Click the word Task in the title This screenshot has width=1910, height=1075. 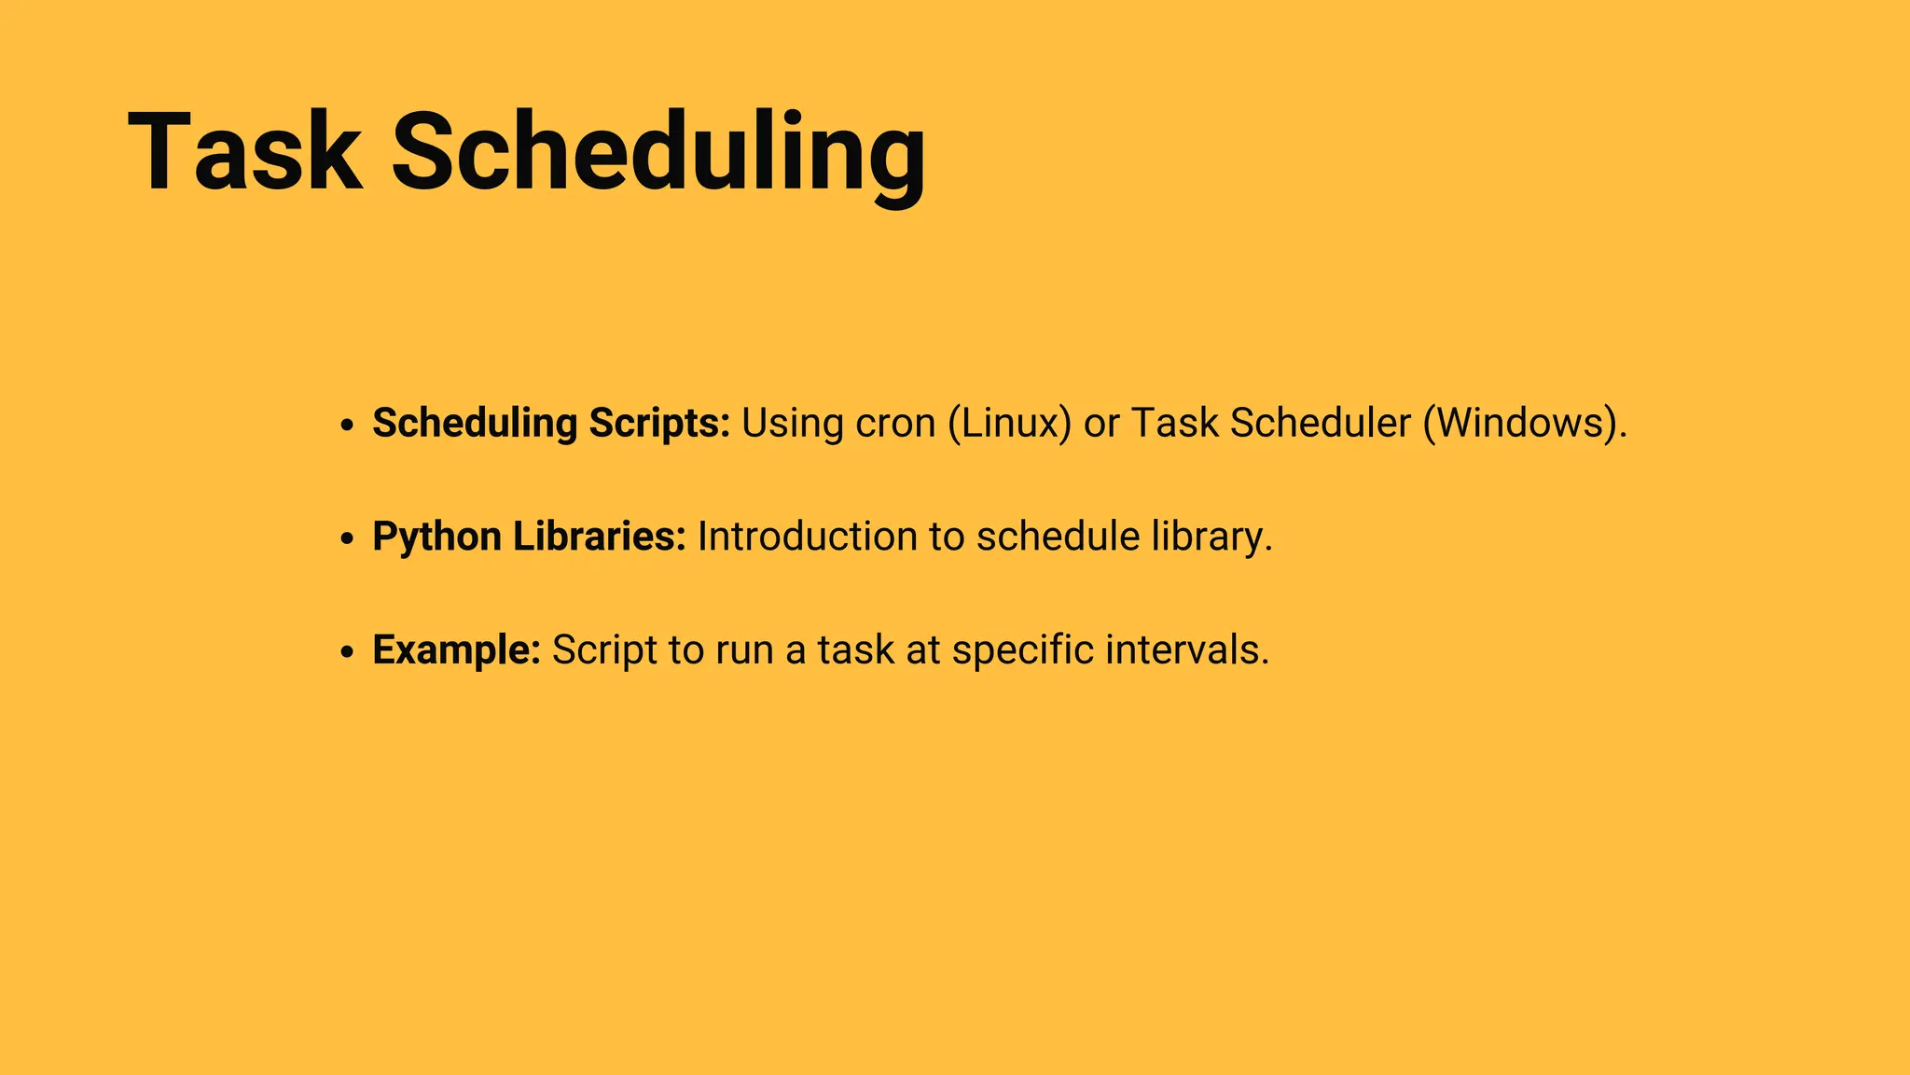[x=244, y=152]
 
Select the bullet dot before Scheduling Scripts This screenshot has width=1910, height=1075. [x=347, y=426]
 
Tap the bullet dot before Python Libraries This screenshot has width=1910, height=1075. [x=347, y=539]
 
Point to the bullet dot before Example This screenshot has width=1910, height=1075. [x=347, y=652]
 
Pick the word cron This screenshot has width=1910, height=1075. [x=895, y=424]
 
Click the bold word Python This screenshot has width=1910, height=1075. [x=436, y=537]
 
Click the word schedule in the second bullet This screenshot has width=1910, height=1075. [x=1058, y=537]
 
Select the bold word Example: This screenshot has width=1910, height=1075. [x=456, y=650]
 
